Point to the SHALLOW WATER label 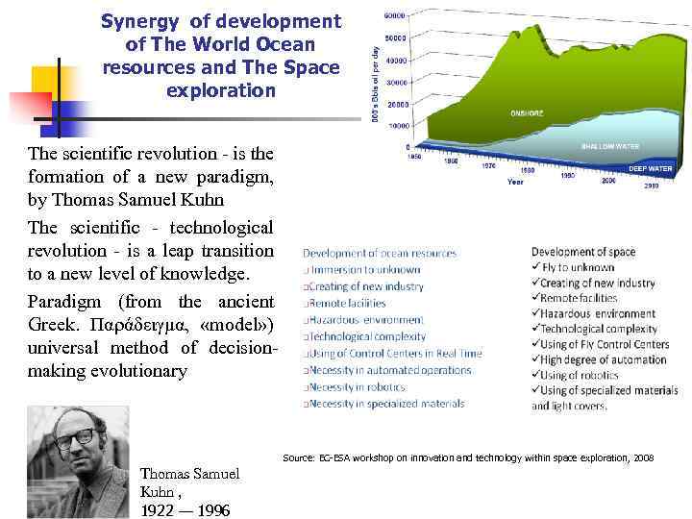609,146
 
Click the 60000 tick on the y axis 394,16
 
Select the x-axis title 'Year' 516,182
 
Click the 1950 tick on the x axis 414,156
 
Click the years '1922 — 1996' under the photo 185,510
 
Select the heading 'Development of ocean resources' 380,254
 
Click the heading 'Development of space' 583,253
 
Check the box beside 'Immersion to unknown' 307,270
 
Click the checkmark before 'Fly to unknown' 535,268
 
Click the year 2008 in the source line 643,458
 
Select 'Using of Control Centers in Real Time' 392,354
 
